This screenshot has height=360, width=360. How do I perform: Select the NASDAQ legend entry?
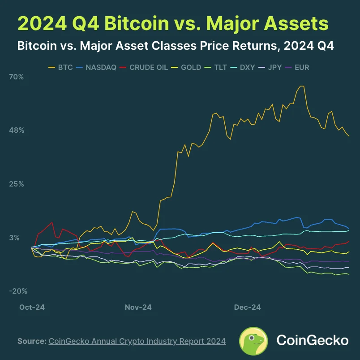pos(96,68)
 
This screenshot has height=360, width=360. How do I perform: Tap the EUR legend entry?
pos(301,68)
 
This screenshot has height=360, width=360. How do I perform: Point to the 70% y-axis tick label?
pos(17,77)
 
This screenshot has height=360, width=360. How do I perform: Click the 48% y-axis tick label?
pos(17,130)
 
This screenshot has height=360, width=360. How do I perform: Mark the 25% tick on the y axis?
pos(17,184)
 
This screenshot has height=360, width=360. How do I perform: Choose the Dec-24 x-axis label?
pos(248,307)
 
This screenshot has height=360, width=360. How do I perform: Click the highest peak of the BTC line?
pos(302,86)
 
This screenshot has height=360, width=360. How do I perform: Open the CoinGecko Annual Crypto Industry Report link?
pos(137,341)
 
